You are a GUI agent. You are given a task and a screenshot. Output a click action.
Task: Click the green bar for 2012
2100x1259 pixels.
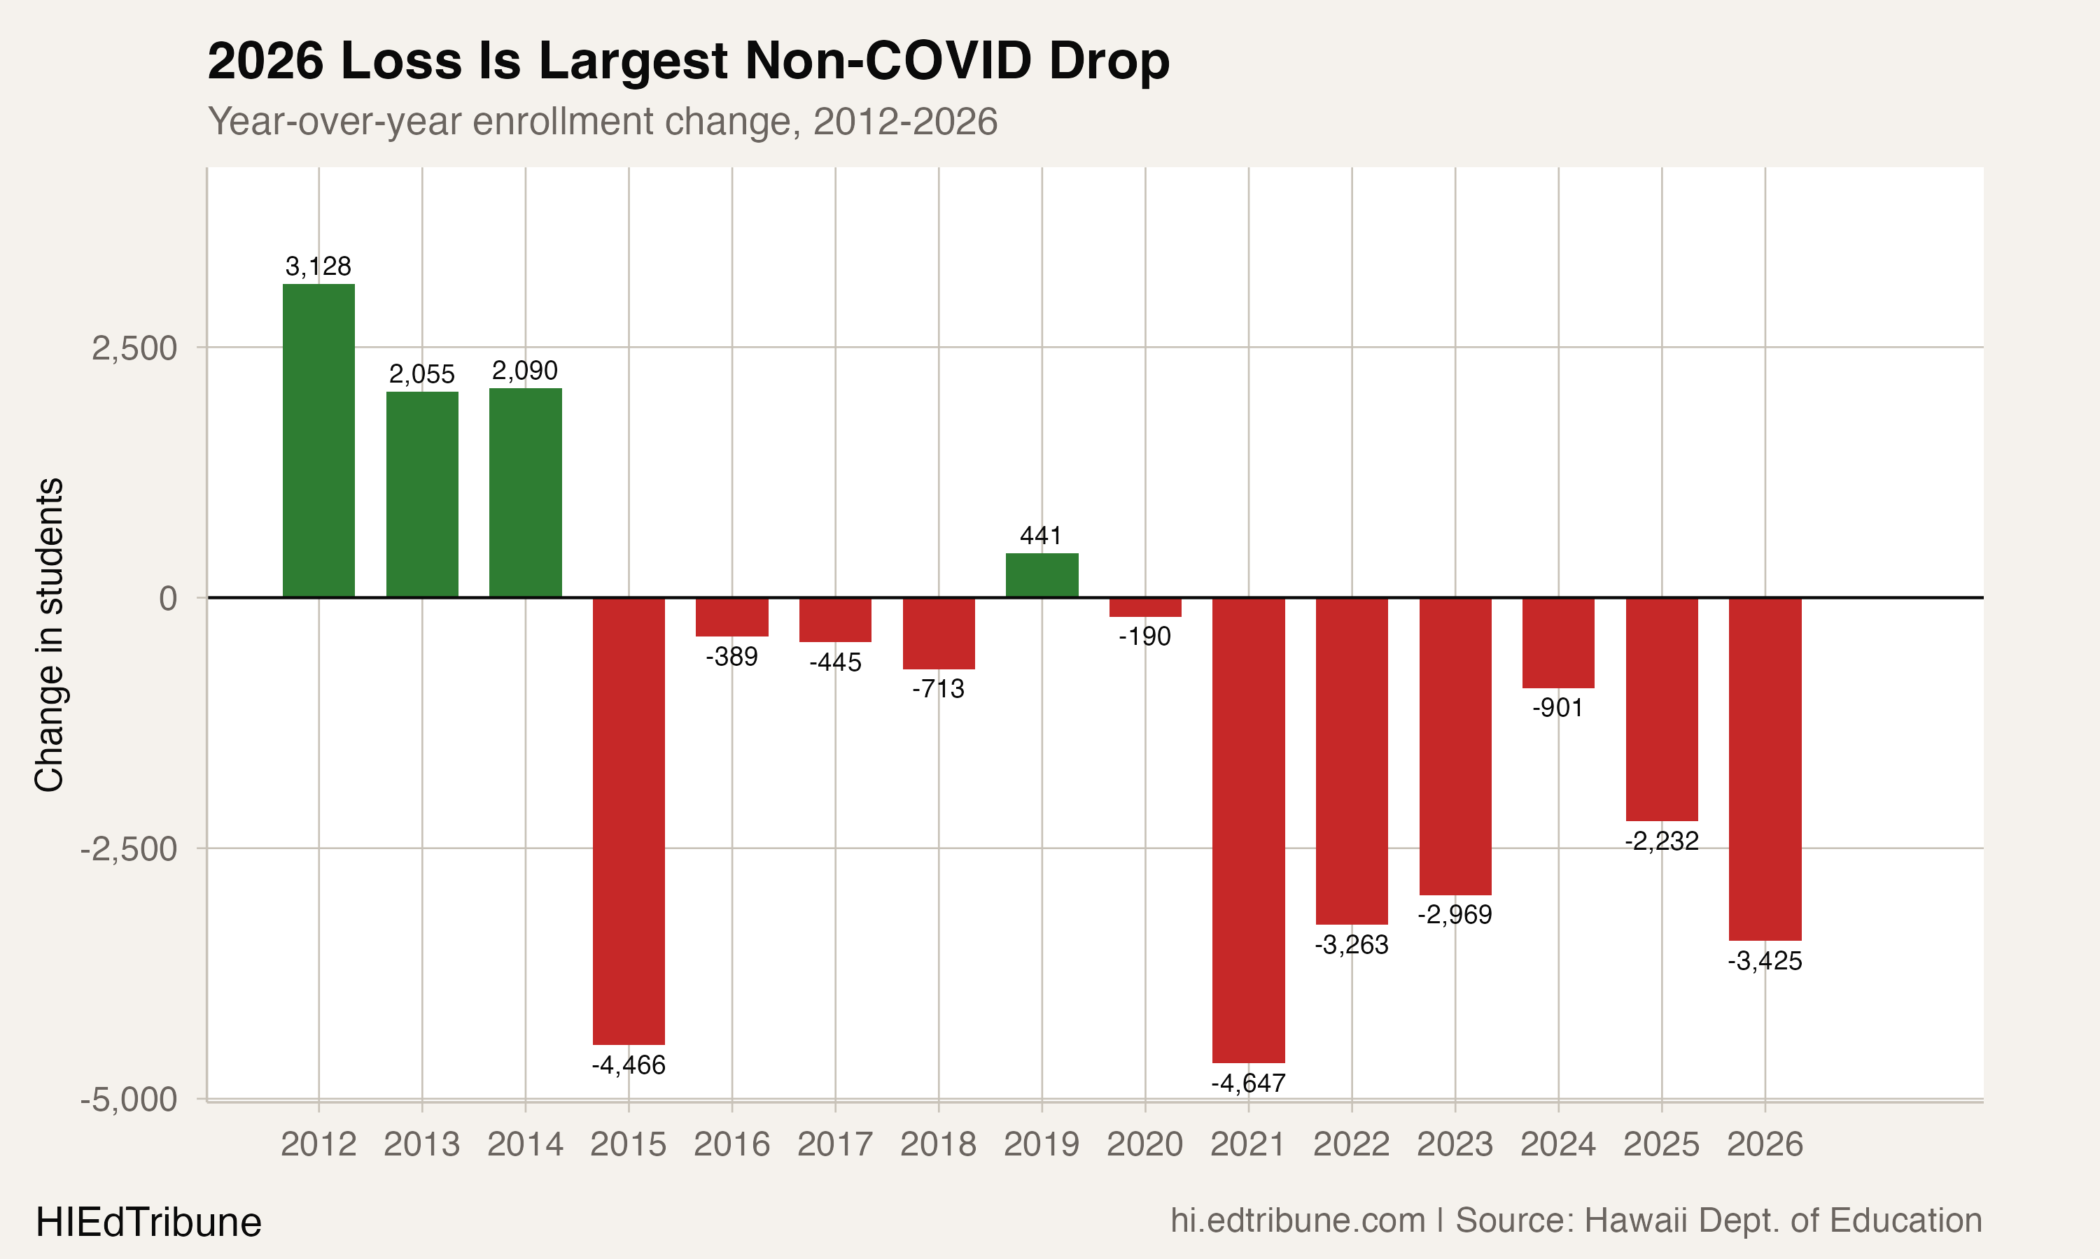[x=318, y=441]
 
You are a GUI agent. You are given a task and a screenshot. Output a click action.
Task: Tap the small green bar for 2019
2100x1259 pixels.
[x=1042, y=575]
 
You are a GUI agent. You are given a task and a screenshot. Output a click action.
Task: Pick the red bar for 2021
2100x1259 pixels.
[x=1248, y=830]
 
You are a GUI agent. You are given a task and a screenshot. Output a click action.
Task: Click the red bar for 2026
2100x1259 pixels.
[x=1765, y=769]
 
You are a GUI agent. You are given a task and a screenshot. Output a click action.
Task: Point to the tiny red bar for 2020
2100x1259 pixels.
[x=1145, y=607]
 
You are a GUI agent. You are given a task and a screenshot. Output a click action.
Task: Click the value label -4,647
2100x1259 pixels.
[x=1248, y=1083]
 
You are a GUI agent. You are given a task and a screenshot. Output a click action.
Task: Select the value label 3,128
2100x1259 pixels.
[x=318, y=266]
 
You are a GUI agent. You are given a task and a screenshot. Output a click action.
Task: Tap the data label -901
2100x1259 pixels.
[x=1557, y=708]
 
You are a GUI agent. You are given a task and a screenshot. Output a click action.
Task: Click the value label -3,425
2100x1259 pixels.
[x=1765, y=961]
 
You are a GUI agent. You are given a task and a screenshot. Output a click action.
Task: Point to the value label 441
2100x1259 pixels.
[x=1041, y=536]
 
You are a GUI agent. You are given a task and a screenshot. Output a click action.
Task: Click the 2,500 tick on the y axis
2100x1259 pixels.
[x=134, y=348]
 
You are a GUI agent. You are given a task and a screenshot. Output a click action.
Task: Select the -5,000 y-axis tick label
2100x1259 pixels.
[x=128, y=1100]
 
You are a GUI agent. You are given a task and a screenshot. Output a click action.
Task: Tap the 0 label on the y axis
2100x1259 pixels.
[x=168, y=598]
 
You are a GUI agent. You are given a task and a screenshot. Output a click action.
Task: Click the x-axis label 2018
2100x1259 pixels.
[x=938, y=1144]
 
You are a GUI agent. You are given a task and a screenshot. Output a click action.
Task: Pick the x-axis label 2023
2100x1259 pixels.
[x=1454, y=1144]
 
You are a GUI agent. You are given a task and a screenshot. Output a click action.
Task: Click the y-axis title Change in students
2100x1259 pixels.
[x=49, y=634]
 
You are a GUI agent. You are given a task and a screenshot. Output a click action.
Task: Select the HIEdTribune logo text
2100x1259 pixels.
[x=148, y=1223]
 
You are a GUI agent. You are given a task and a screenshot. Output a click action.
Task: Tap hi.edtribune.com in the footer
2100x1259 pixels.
[x=1297, y=1221]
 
